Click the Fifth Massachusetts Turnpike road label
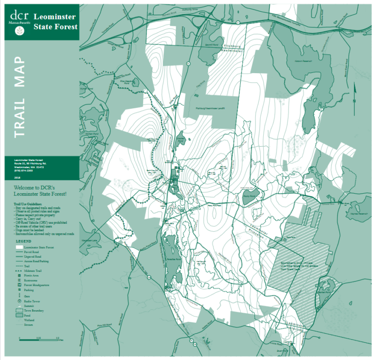click(288, 18)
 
